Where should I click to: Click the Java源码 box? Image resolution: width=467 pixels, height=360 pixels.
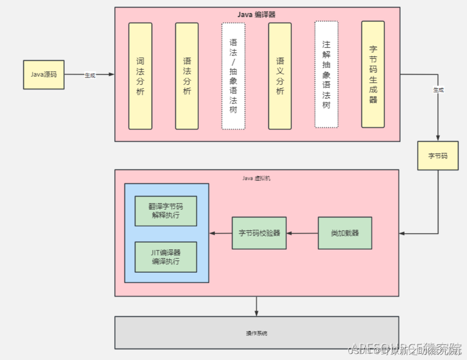point(44,74)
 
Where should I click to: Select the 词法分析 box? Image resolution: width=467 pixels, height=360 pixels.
point(140,76)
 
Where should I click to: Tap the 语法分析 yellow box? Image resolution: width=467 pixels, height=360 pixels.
point(187,76)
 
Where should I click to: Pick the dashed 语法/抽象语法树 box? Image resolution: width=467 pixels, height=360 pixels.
point(233,76)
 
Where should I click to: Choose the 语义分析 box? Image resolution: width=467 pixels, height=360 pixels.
point(280,76)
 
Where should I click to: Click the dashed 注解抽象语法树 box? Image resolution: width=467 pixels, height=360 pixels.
point(326,74)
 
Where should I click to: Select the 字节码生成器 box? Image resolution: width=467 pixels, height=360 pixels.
point(373,74)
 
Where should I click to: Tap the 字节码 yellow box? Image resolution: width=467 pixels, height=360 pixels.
point(437,156)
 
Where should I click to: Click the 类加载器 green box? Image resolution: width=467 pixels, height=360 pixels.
point(345,233)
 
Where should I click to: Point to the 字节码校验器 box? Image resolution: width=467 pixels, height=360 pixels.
point(259,233)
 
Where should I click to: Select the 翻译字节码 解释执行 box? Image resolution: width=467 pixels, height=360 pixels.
point(166,211)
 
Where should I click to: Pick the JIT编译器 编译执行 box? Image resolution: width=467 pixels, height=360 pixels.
point(166,257)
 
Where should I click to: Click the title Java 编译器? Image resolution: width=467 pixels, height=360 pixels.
point(257,14)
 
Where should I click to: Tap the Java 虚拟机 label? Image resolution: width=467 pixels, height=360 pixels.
point(256,178)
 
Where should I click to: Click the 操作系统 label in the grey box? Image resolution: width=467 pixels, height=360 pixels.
point(256,333)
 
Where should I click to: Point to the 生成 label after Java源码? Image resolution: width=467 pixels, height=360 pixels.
point(90,75)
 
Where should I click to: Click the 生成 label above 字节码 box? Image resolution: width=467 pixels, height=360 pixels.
point(438,90)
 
